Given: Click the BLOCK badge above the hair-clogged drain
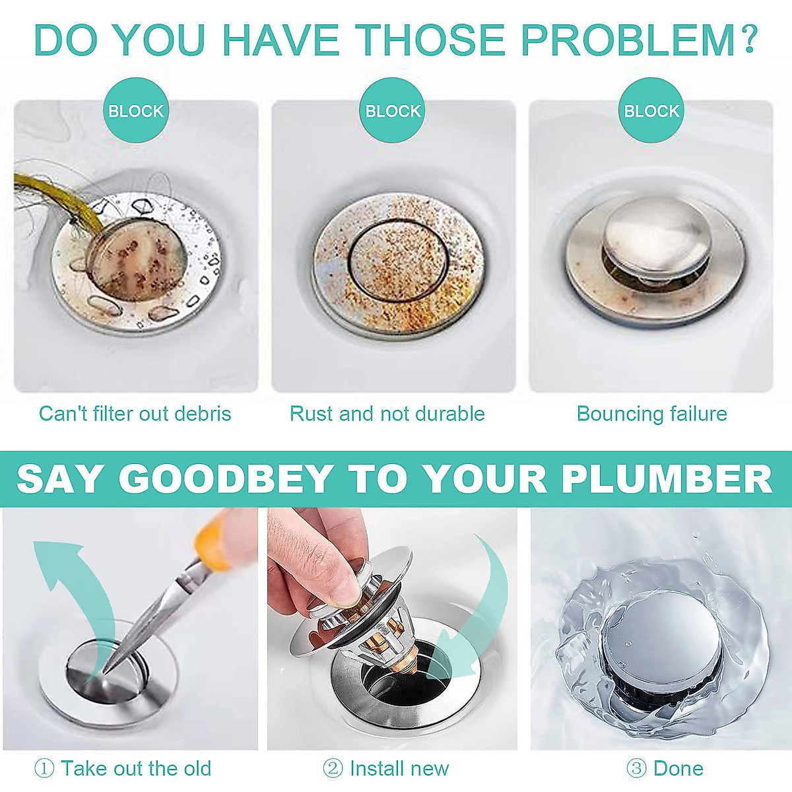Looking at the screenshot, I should click(135, 111).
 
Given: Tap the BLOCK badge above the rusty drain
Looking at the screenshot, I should click(393, 111).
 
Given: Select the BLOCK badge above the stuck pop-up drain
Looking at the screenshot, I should click(651, 111).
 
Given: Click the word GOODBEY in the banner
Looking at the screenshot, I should click(226, 479).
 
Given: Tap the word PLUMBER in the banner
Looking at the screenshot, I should click(667, 479).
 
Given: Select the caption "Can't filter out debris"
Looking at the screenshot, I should click(135, 414).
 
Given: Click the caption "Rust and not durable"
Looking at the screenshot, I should click(387, 414).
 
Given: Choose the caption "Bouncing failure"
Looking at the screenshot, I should click(651, 414).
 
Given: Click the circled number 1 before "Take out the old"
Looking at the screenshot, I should click(44, 768).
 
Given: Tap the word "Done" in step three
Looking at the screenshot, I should click(678, 768).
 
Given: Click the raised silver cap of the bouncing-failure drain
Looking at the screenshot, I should click(653, 234).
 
